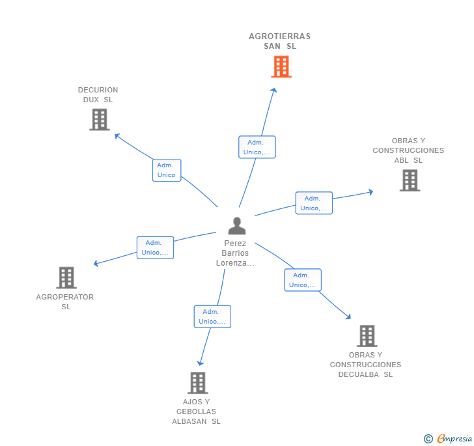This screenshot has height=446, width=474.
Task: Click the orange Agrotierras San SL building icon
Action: (x=281, y=66)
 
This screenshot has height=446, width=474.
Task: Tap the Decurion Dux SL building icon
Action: (x=99, y=119)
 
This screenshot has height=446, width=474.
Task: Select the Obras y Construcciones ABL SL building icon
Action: (x=410, y=180)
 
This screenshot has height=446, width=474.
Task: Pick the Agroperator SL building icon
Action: (x=66, y=277)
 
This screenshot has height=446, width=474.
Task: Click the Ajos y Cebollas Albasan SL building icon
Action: (x=197, y=383)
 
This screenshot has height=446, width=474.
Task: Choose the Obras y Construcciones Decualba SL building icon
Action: (x=367, y=336)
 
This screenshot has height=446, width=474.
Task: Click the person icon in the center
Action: (x=237, y=226)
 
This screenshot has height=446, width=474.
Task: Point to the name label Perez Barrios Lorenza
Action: (x=235, y=253)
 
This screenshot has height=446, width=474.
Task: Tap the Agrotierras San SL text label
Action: (x=280, y=41)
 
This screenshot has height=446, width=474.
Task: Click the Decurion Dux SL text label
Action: (x=98, y=95)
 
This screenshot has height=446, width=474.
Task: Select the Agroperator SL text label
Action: (x=65, y=301)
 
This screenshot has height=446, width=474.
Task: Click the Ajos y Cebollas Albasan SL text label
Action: (x=196, y=411)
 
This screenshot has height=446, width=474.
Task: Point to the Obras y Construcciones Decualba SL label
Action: (x=365, y=365)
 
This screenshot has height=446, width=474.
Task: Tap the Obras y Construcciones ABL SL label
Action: (x=408, y=150)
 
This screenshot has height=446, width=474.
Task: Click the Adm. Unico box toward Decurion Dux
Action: (x=166, y=170)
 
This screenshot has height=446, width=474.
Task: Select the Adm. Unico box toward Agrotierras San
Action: (x=257, y=147)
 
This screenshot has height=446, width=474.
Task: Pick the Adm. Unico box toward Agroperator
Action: (x=155, y=247)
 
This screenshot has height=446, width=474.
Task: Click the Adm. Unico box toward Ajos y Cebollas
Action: (x=212, y=316)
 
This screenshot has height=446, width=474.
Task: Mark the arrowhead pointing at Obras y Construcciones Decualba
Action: (x=349, y=317)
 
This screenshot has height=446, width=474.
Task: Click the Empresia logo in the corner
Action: (x=448, y=438)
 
